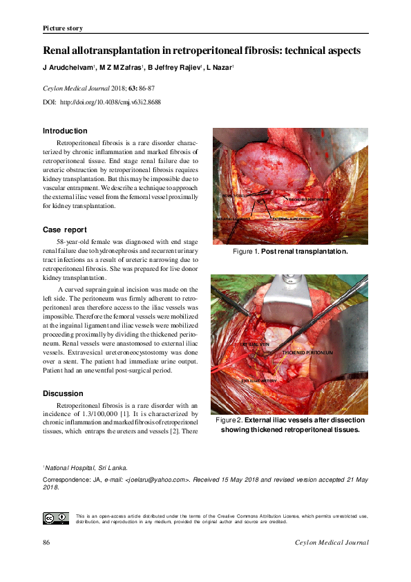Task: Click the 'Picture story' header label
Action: tap(63, 28)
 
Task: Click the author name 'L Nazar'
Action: tap(220, 68)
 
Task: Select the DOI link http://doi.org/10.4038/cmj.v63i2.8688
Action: tap(111, 102)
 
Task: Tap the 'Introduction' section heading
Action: tap(65, 131)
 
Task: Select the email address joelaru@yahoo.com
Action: tap(159, 478)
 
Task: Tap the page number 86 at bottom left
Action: tap(47, 543)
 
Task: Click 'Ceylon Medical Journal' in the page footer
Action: tap(332, 543)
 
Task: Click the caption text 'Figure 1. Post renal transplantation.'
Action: tap(289, 252)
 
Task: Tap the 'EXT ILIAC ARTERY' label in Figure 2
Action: tap(261, 381)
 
